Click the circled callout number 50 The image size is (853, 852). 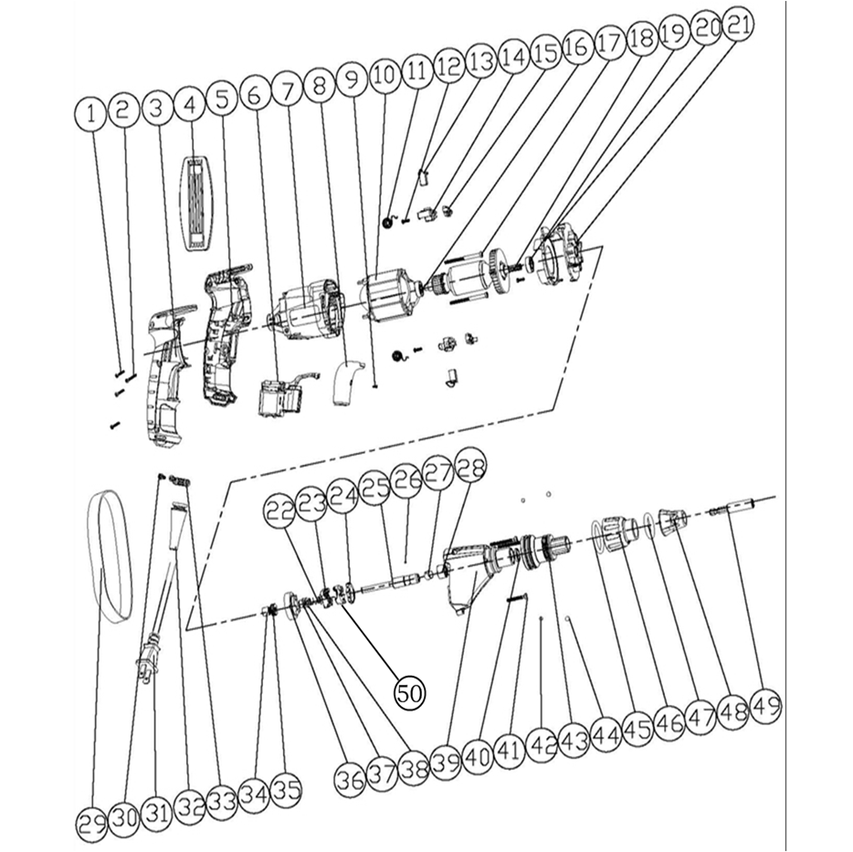point(410,692)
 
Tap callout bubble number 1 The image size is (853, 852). point(90,114)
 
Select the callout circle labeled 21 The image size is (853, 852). point(737,25)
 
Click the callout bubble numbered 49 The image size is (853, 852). point(765,707)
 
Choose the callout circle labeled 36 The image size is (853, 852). point(350,781)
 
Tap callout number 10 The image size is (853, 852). point(385,75)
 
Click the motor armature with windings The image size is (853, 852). point(468,277)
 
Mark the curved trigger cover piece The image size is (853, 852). point(345,383)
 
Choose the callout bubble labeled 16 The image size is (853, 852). point(576,46)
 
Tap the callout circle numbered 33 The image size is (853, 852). point(223,801)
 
